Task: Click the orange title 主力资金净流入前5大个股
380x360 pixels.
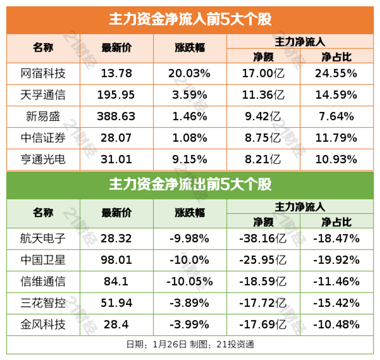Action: tap(190, 20)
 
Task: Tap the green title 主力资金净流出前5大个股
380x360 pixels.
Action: tap(190, 185)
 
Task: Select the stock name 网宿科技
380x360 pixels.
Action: tap(43, 74)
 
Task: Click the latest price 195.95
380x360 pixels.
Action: tap(116, 95)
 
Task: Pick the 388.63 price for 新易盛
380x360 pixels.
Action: tap(116, 116)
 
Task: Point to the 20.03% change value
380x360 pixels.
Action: tap(190, 74)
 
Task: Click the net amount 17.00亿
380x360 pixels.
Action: tap(264, 74)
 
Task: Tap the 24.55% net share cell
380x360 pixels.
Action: tap(336, 74)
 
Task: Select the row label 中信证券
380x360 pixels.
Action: tap(43, 138)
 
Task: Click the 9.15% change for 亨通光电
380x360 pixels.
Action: tap(190, 159)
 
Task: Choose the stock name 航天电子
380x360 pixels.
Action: tap(43, 238)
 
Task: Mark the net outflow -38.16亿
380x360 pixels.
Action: tap(263, 238)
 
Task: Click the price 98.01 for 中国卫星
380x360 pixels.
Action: tap(116, 260)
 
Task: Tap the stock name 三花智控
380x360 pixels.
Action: tap(43, 303)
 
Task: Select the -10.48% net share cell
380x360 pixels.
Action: tap(336, 324)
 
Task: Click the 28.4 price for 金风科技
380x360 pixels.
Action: tap(116, 324)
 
